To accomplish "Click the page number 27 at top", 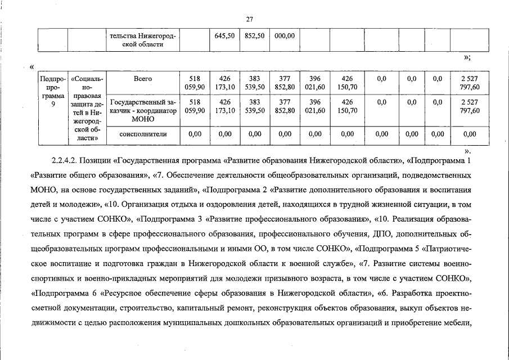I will (x=250, y=19).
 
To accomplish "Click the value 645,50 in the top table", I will (x=224, y=35).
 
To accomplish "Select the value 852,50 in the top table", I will (x=255, y=35).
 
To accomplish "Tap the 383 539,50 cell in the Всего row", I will (x=255, y=83).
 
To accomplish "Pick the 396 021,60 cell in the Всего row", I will (x=315, y=83).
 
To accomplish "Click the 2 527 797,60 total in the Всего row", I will (x=470, y=83).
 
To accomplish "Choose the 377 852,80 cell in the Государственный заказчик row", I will (x=285, y=106).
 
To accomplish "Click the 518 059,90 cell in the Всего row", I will (x=195, y=83).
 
